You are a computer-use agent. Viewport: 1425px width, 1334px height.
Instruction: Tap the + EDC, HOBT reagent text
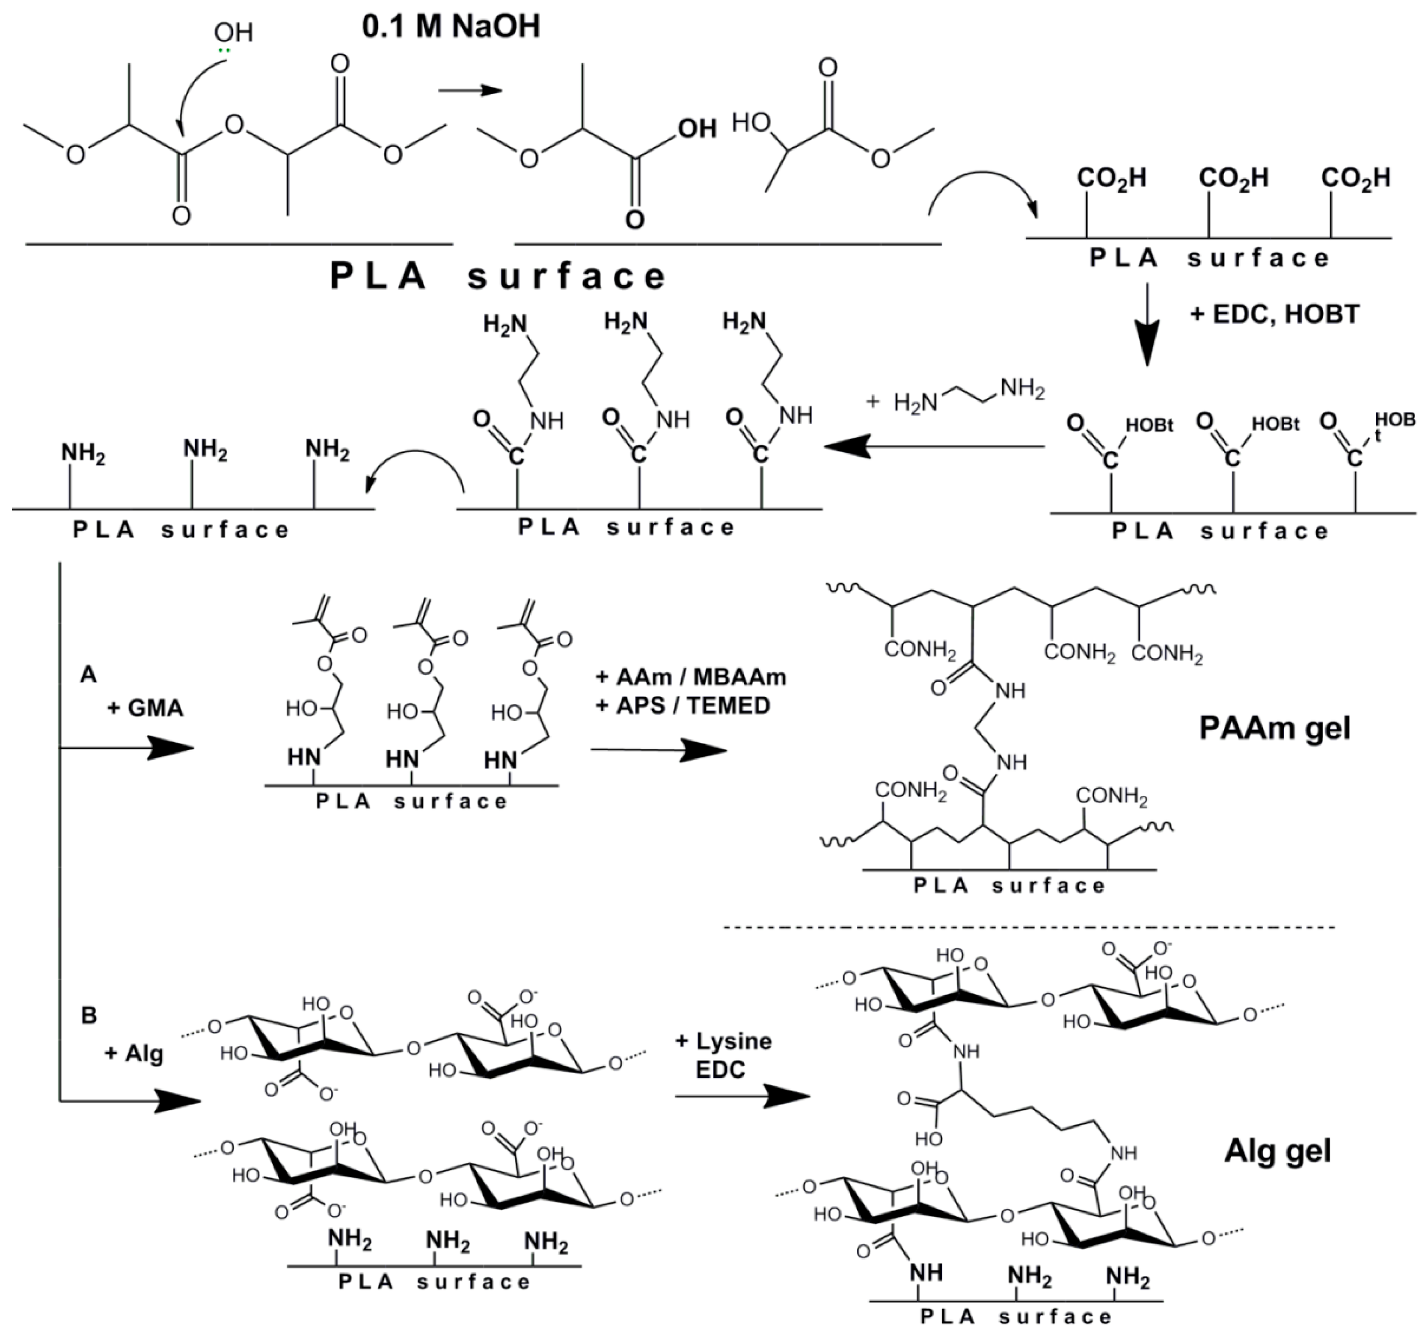pyautogui.click(x=1274, y=314)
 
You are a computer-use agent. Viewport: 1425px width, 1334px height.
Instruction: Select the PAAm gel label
pyautogui.click(x=1274, y=729)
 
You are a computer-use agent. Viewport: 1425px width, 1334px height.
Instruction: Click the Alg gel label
pyautogui.click(x=1277, y=1150)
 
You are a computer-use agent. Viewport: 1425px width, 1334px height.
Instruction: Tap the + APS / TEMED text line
pyautogui.click(x=683, y=706)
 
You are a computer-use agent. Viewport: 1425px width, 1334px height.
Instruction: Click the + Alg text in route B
pyautogui.click(x=134, y=1054)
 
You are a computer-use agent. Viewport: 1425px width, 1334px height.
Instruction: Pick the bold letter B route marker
pyautogui.click(x=89, y=1015)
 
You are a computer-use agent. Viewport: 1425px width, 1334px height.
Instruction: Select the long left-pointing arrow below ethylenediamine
pyautogui.click(x=932, y=447)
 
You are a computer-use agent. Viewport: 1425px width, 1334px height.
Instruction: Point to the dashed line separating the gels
pyautogui.click(x=1029, y=928)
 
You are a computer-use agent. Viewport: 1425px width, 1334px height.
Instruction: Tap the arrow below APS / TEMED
pyautogui.click(x=658, y=750)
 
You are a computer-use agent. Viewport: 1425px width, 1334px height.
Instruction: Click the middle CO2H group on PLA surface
pyautogui.click(x=1233, y=178)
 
